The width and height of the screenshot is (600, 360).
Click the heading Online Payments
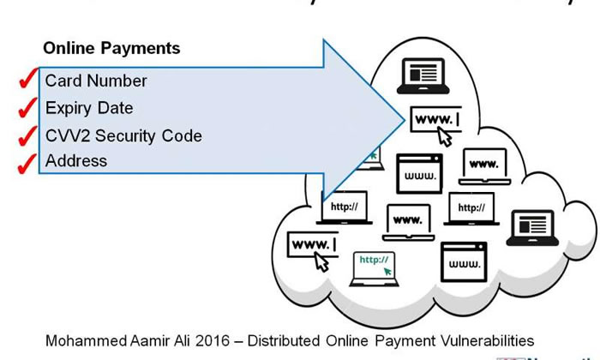tap(111, 48)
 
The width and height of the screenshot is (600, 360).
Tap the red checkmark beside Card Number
tap(27, 81)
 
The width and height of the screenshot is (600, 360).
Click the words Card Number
tap(96, 81)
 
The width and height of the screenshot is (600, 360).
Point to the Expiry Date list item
tap(89, 108)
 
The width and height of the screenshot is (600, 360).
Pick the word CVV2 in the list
tap(65, 135)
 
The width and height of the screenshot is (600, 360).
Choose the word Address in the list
tap(76, 161)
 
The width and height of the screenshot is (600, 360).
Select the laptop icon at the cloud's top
tap(423, 75)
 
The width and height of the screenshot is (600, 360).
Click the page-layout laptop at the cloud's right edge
tap(531, 228)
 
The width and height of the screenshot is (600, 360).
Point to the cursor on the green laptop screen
tap(388, 271)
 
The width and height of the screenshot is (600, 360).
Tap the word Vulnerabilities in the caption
tap(486, 340)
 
